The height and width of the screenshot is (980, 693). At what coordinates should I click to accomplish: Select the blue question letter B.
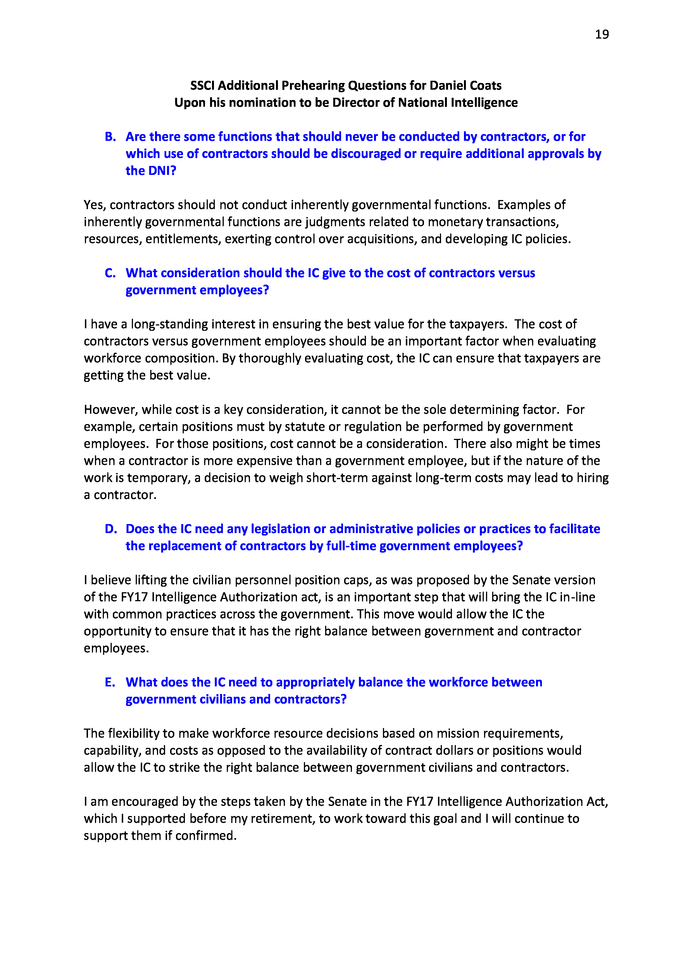110,137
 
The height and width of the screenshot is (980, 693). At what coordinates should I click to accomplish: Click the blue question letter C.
110,273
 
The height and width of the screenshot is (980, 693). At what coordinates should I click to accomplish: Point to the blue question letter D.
111,529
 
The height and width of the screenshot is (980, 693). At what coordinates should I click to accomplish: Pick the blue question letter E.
110,682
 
